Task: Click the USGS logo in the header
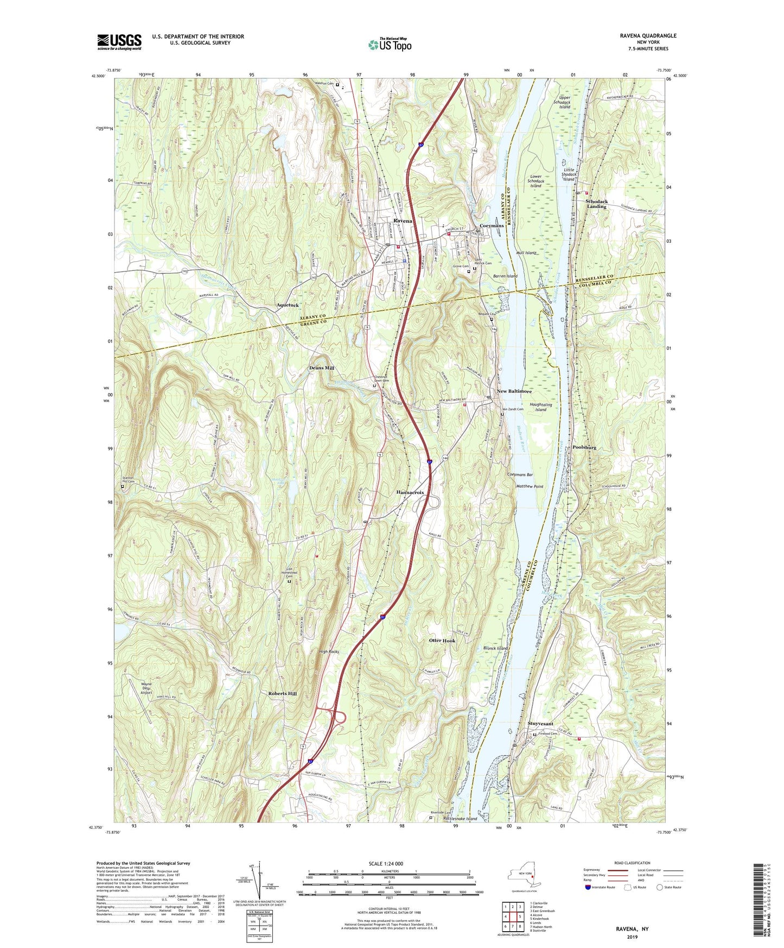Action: pyautogui.click(x=119, y=42)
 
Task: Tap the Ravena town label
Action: pyautogui.click(x=403, y=222)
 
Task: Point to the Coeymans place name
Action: pyautogui.click(x=492, y=226)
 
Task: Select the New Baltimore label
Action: pyautogui.click(x=514, y=391)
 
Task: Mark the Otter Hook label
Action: pyautogui.click(x=442, y=641)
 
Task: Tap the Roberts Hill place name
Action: pyautogui.click(x=282, y=693)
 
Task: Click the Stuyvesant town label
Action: pyautogui.click(x=540, y=724)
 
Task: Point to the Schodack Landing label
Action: pyautogui.click(x=596, y=204)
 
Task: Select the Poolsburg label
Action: pyautogui.click(x=584, y=447)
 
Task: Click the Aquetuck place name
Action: pyautogui.click(x=288, y=306)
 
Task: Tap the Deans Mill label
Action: pyautogui.click(x=321, y=368)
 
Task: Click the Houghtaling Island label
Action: pyautogui.click(x=540, y=407)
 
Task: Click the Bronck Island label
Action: pyautogui.click(x=495, y=648)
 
